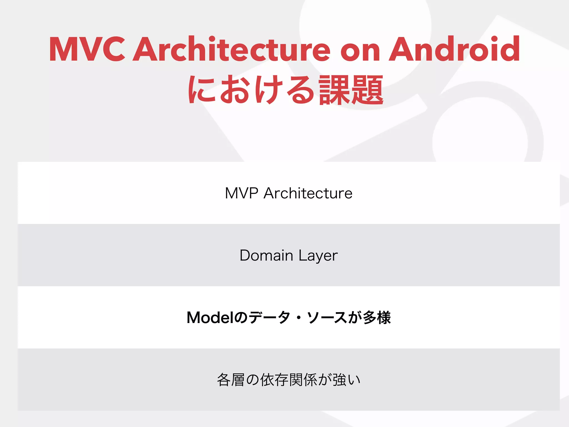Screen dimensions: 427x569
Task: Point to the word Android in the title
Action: pos(454,49)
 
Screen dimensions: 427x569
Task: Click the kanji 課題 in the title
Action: pos(351,90)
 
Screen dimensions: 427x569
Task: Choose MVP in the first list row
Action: pos(241,193)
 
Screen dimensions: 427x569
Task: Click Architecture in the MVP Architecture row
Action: pos(308,193)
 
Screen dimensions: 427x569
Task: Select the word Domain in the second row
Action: pos(266,255)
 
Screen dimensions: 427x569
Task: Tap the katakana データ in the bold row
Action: pos(269,317)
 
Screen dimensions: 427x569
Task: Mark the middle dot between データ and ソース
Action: pos(299,318)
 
